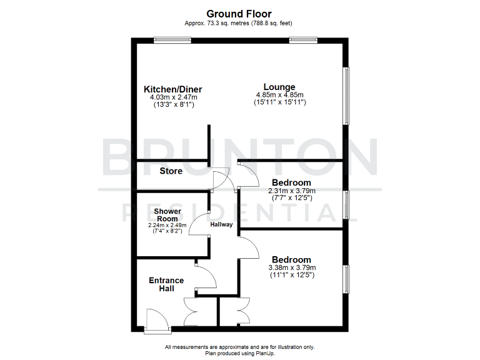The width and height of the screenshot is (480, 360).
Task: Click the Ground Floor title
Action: pos(240,13)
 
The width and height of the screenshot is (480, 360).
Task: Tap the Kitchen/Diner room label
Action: pos(173,89)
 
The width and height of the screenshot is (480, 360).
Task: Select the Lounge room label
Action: pos(279,87)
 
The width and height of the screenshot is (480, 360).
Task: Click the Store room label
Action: pos(171,171)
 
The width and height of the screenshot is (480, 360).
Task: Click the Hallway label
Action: pos(221,224)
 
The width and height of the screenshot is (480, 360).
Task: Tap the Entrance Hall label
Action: pos(166,284)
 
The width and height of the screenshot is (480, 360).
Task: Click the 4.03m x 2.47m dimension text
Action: pos(173,97)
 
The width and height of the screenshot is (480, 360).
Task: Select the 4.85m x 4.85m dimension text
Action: pos(279,95)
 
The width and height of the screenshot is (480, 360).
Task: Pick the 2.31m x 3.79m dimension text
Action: pos(292,191)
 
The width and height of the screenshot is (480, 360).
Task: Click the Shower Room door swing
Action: pos(200,225)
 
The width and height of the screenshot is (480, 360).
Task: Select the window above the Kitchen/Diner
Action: pos(173,41)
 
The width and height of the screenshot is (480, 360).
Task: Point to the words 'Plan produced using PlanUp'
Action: pos(239,353)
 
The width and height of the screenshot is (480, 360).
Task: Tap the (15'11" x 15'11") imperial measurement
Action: pos(279,102)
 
